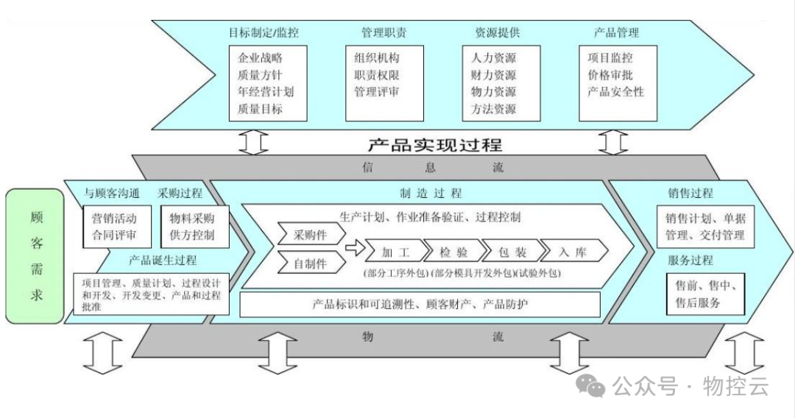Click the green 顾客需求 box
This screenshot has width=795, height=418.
pos(35,256)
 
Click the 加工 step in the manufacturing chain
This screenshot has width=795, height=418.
pos(395,252)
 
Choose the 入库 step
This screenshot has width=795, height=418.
pos(572,252)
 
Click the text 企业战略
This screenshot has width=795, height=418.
pos(261,57)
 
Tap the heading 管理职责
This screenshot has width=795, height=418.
pos(384,32)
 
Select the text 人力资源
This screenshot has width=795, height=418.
pos(493,57)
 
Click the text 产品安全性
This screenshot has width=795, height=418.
pos(616,92)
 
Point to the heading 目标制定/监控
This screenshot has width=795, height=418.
pos(264,32)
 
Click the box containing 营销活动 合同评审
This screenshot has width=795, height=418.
pos(114,227)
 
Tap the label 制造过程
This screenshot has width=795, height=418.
pos(431,194)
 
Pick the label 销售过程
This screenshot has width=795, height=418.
pos(690,194)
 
